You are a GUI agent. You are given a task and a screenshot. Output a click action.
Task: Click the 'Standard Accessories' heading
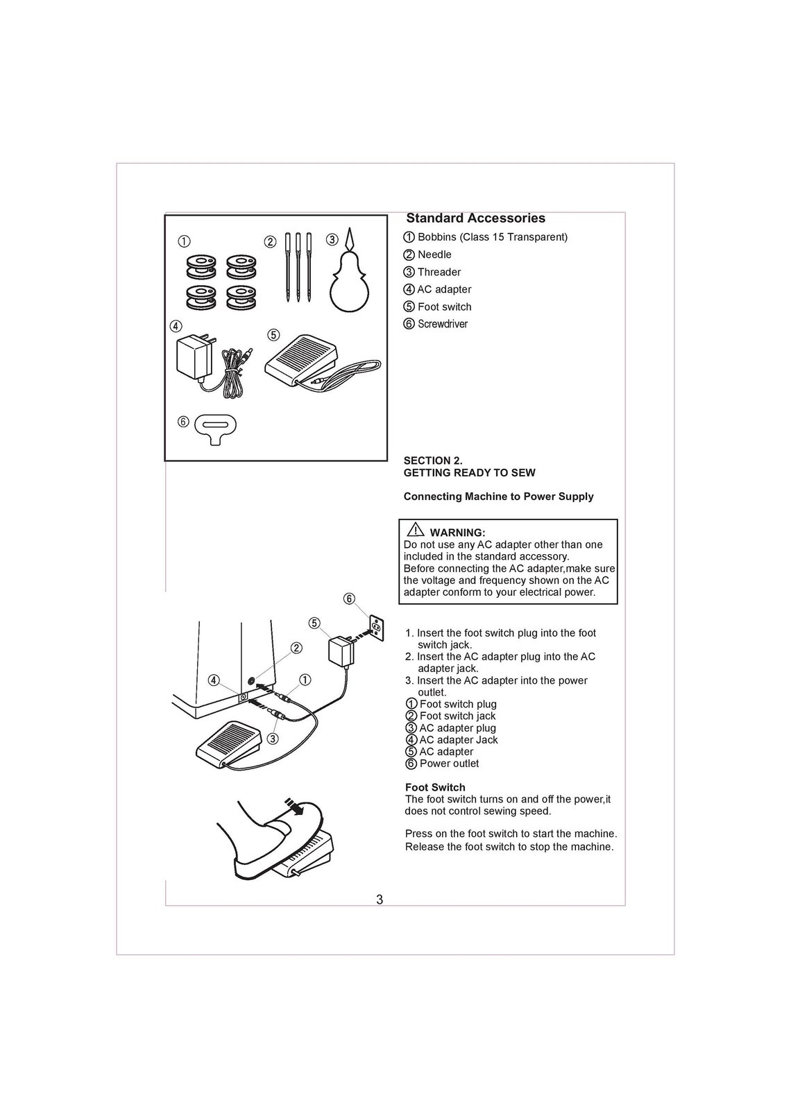click(x=475, y=218)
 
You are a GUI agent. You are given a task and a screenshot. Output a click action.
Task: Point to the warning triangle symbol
click(x=416, y=531)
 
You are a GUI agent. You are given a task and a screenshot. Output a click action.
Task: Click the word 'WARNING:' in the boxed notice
click(x=457, y=533)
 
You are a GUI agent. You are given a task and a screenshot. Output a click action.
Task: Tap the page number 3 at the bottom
click(x=380, y=900)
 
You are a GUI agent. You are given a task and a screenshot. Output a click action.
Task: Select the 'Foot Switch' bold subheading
click(x=435, y=787)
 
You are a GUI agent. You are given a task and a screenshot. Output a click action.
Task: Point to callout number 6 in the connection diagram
click(x=349, y=599)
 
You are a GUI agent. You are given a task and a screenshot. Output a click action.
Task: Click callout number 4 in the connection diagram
click(x=214, y=680)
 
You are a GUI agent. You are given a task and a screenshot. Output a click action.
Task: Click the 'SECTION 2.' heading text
click(x=433, y=461)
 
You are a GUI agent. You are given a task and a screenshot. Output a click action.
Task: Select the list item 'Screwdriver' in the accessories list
click(x=442, y=324)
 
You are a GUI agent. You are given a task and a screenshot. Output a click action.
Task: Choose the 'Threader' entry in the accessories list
click(x=439, y=272)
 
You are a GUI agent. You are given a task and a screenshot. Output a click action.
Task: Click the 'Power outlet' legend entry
click(x=449, y=764)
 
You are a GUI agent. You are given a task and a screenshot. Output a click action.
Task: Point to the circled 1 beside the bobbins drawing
click(x=183, y=241)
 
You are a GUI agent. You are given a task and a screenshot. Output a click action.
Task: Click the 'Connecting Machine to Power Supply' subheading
click(x=498, y=497)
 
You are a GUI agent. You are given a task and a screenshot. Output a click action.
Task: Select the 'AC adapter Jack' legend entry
click(x=458, y=740)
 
